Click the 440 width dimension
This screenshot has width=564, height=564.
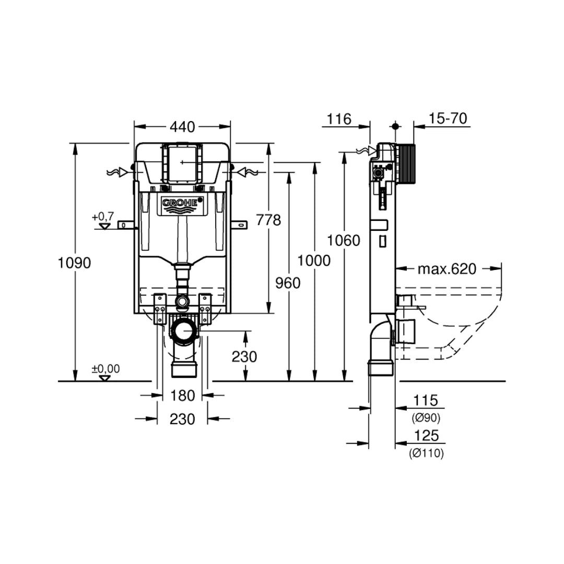pos(182,127)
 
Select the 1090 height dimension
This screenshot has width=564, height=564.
pos(74,263)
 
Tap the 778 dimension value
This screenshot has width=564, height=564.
pos(268,220)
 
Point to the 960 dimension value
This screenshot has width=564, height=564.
pos(288,283)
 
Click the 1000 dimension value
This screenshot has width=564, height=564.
pos(314,260)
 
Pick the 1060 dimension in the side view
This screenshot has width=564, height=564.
pos(344,240)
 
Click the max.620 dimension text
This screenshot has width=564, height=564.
pos(447,269)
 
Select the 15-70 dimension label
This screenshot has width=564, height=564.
pos(448,119)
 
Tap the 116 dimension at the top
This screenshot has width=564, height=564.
pos(339,119)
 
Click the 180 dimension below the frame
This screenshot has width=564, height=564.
pos(182,396)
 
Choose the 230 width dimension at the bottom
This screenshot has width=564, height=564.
pos(182,419)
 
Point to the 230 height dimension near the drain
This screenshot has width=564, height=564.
pos(244,357)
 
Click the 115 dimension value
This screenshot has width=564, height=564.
pos(426,401)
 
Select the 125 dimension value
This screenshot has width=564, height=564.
pos(426,436)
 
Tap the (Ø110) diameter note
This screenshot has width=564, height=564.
pos(426,454)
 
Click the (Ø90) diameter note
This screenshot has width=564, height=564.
pos(426,418)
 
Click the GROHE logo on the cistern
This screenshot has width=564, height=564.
pos(182,203)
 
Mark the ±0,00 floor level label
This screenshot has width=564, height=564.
pos(105,369)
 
